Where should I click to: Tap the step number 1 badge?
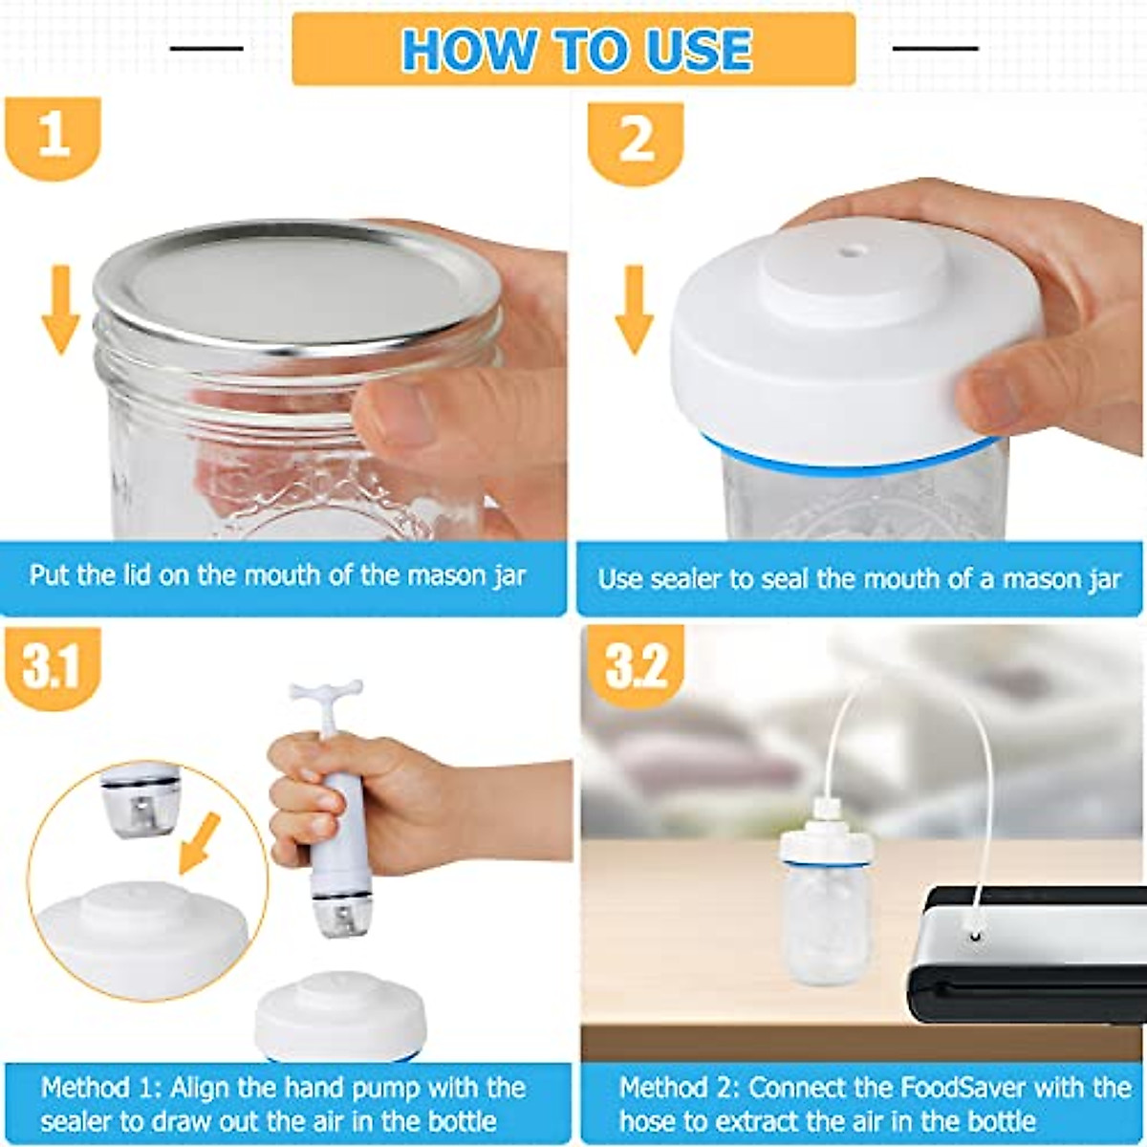pos(54,136)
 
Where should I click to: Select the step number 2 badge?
pos(636,141)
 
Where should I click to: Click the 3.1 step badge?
pos(53,666)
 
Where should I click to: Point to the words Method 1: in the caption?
pos(100,1088)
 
